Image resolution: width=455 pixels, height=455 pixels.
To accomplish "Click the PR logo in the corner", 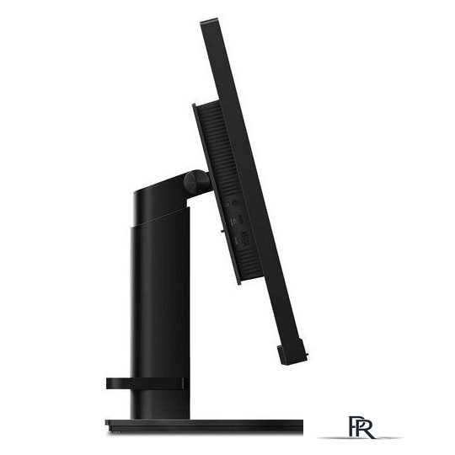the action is (x=361, y=427).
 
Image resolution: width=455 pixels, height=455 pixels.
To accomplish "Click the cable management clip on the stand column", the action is (x=145, y=383).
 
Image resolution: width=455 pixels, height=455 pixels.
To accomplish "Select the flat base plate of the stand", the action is (x=204, y=427).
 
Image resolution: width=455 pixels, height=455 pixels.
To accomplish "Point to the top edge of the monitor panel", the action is (x=209, y=21).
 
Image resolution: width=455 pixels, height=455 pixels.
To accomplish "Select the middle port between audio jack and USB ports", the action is (x=240, y=220).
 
